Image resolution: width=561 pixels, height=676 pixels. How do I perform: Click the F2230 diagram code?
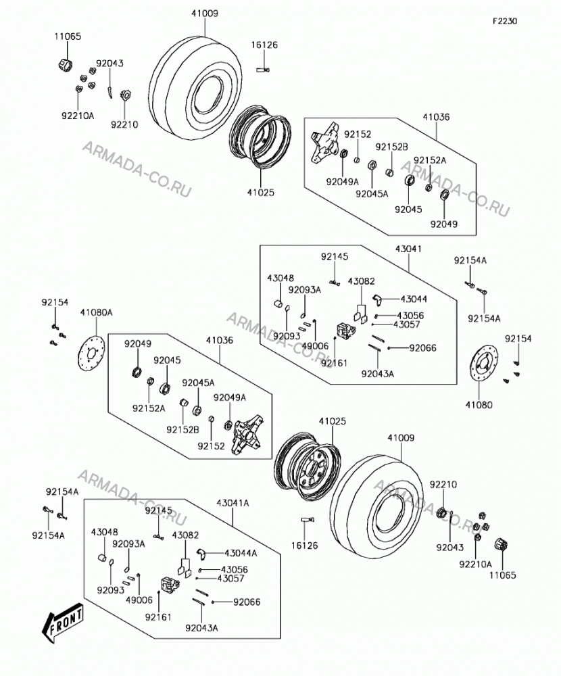point(505,21)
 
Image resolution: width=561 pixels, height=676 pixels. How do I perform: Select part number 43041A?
point(233,503)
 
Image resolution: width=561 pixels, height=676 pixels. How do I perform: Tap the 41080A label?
point(96,312)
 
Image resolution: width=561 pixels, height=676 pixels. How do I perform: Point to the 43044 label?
point(414,299)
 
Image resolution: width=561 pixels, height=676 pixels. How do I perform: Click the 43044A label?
point(241,553)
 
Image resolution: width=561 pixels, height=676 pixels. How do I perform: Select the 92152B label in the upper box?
point(391,147)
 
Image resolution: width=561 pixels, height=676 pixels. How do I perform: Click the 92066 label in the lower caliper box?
point(247,602)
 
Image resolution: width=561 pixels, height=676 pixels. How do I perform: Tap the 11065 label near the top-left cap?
point(68,37)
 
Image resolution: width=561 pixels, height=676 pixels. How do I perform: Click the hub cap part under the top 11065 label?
point(65,65)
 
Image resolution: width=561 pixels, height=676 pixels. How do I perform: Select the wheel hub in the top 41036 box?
point(325,142)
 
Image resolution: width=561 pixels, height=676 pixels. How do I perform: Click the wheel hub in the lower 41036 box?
point(248,434)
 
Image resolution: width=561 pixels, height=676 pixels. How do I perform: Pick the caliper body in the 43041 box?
point(346,330)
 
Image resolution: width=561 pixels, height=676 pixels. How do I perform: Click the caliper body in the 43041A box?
point(170,584)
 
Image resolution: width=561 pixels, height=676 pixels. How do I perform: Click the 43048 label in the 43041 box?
point(280,278)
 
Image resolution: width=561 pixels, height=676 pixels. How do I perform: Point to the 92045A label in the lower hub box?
point(198,383)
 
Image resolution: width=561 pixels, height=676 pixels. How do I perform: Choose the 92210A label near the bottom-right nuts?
point(476,564)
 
